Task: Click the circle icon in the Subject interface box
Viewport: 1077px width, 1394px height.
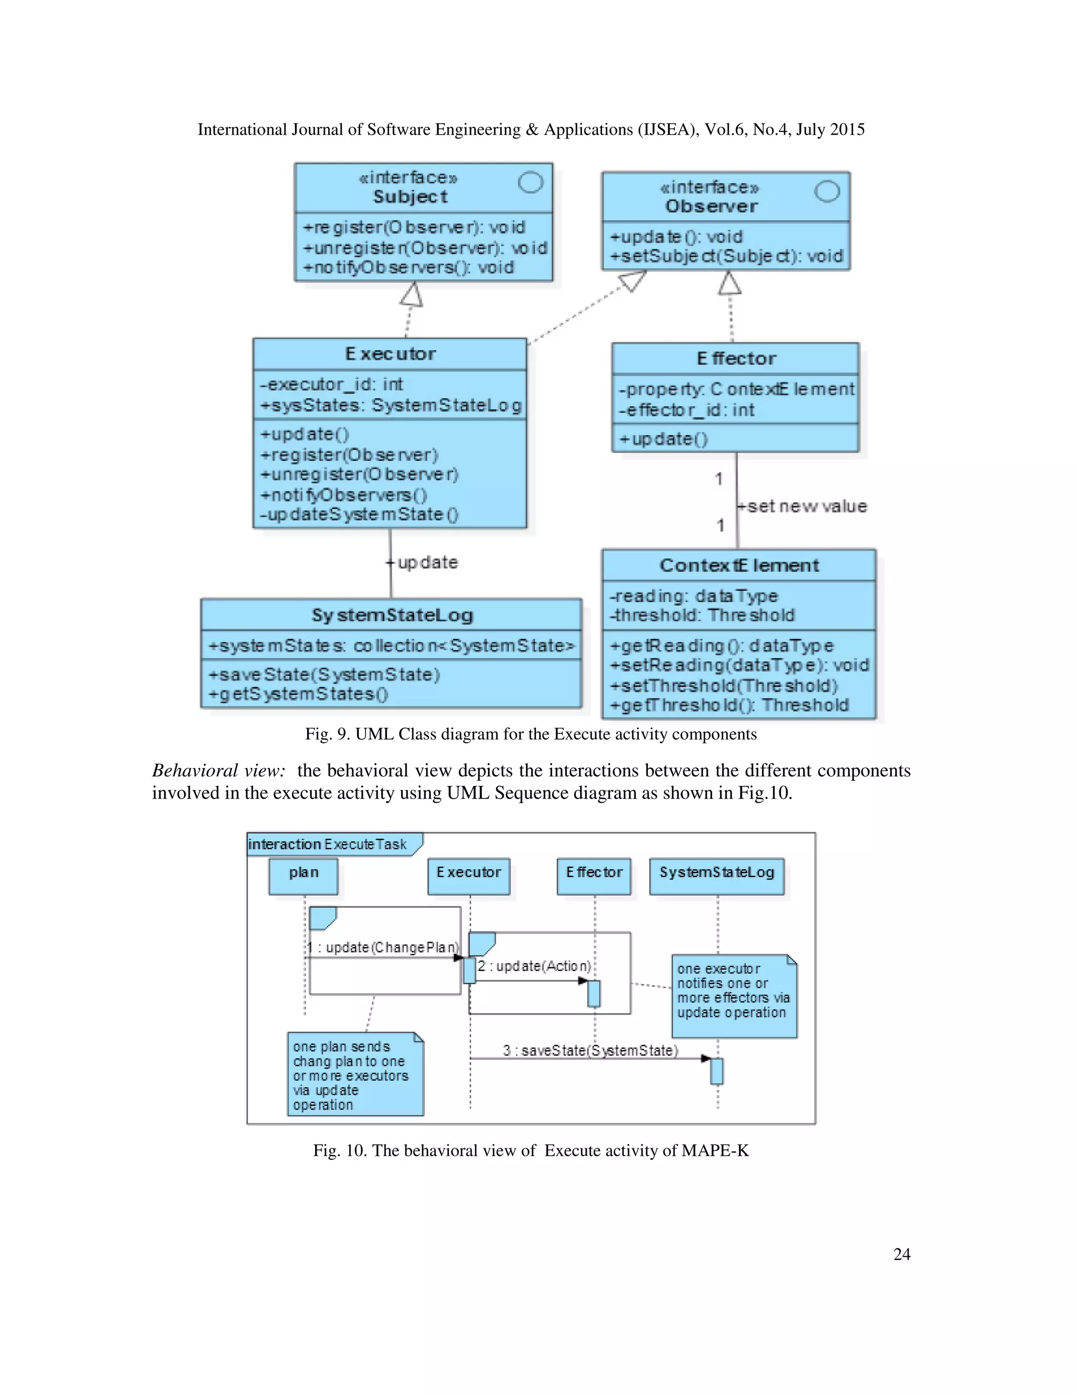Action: click(x=530, y=183)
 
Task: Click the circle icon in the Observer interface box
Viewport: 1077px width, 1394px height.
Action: click(x=827, y=191)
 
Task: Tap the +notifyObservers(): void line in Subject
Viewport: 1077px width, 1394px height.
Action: click(x=408, y=267)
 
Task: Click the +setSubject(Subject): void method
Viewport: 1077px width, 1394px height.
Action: click(x=726, y=257)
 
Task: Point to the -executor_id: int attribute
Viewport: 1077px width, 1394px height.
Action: click(x=331, y=384)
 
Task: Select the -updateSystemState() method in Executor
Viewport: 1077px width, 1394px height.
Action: click(x=359, y=514)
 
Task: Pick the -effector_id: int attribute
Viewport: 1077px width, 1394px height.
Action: click(x=686, y=410)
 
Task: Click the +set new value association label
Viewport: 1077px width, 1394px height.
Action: click(x=802, y=506)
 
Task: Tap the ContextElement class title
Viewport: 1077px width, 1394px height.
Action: click(x=739, y=565)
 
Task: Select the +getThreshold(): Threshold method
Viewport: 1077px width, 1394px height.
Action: click(x=729, y=705)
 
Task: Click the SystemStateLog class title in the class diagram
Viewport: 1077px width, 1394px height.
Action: click(x=392, y=615)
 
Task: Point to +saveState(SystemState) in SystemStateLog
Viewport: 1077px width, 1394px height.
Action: click(x=324, y=675)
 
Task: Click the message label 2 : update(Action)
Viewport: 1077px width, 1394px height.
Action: click(x=534, y=966)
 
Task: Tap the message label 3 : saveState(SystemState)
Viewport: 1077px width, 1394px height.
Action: click(x=590, y=1050)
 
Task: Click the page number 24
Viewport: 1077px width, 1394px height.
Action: click(x=901, y=1254)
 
